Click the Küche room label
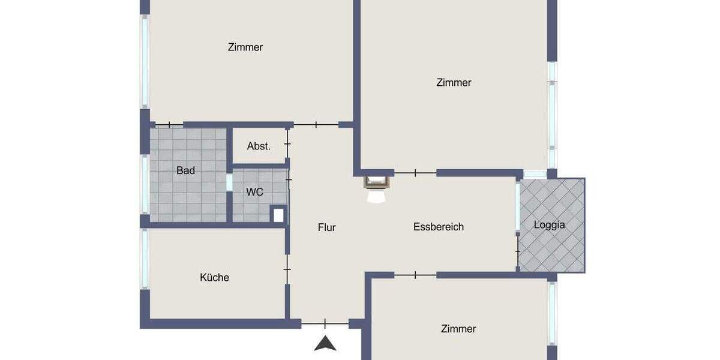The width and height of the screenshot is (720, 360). pyautogui.click(x=214, y=278)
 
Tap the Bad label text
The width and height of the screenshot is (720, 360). pyautogui.click(x=185, y=171)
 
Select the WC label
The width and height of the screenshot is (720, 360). pyautogui.click(x=255, y=193)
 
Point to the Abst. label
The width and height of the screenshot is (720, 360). pyautogui.click(x=259, y=146)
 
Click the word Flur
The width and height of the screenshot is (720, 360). pyautogui.click(x=327, y=227)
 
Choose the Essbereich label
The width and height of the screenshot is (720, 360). pyautogui.click(x=439, y=227)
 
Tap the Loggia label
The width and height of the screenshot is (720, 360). pyautogui.click(x=550, y=226)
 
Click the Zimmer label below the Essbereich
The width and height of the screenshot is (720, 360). pyautogui.click(x=458, y=329)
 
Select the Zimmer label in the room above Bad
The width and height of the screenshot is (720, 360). pyautogui.click(x=245, y=47)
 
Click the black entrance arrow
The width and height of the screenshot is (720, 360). pyautogui.click(x=325, y=344)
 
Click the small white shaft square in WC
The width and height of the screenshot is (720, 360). pyautogui.click(x=278, y=215)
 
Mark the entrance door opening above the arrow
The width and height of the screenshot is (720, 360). pyautogui.click(x=325, y=324)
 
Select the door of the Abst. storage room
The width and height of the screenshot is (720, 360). pyautogui.click(x=287, y=145)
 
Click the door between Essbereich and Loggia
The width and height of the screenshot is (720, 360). pyautogui.click(x=518, y=250)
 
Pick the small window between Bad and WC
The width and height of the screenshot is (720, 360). pyautogui.click(x=230, y=182)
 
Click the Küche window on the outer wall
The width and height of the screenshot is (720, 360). pyautogui.click(x=145, y=258)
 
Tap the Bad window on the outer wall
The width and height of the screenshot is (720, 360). pyautogui.click(x=145, y=184)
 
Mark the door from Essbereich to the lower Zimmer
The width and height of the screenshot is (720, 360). pyautogui.click(x=415, y=275)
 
